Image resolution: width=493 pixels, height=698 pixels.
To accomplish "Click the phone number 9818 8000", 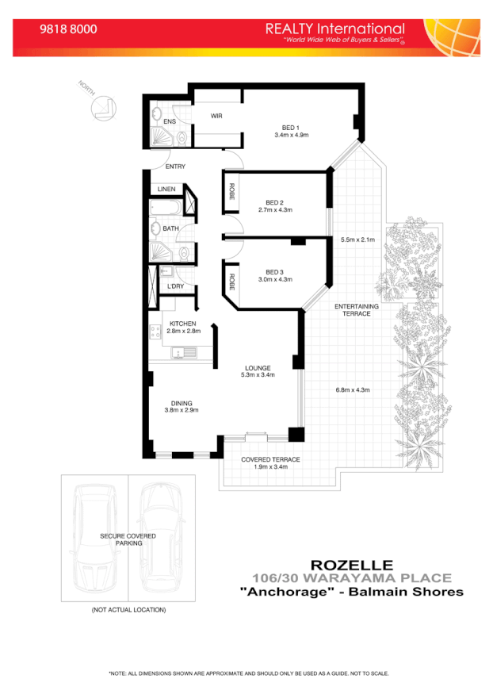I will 68,29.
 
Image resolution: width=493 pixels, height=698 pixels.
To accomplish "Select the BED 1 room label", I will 291,128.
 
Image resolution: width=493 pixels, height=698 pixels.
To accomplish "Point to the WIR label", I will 216,116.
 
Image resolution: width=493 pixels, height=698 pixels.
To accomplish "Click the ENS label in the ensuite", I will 170,121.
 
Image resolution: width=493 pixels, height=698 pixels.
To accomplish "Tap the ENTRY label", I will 175,167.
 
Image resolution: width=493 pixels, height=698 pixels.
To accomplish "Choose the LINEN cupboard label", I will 166,190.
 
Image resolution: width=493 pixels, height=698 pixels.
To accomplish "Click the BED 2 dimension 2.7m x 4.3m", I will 275,210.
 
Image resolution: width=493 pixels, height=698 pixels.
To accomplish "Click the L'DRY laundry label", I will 175,286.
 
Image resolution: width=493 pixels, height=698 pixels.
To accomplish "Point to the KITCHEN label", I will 182,324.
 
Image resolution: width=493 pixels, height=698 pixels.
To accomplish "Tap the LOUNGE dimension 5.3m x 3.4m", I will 258,375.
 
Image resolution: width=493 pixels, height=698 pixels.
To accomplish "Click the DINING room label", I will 181,402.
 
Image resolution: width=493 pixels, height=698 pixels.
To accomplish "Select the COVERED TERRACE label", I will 270,459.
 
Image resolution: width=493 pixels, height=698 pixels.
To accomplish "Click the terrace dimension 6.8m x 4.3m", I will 354,389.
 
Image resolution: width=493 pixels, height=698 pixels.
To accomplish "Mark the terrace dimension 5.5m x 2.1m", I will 357,240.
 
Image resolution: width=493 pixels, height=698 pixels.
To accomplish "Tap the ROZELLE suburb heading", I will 351,565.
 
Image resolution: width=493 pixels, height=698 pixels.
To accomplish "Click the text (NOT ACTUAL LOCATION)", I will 128,610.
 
